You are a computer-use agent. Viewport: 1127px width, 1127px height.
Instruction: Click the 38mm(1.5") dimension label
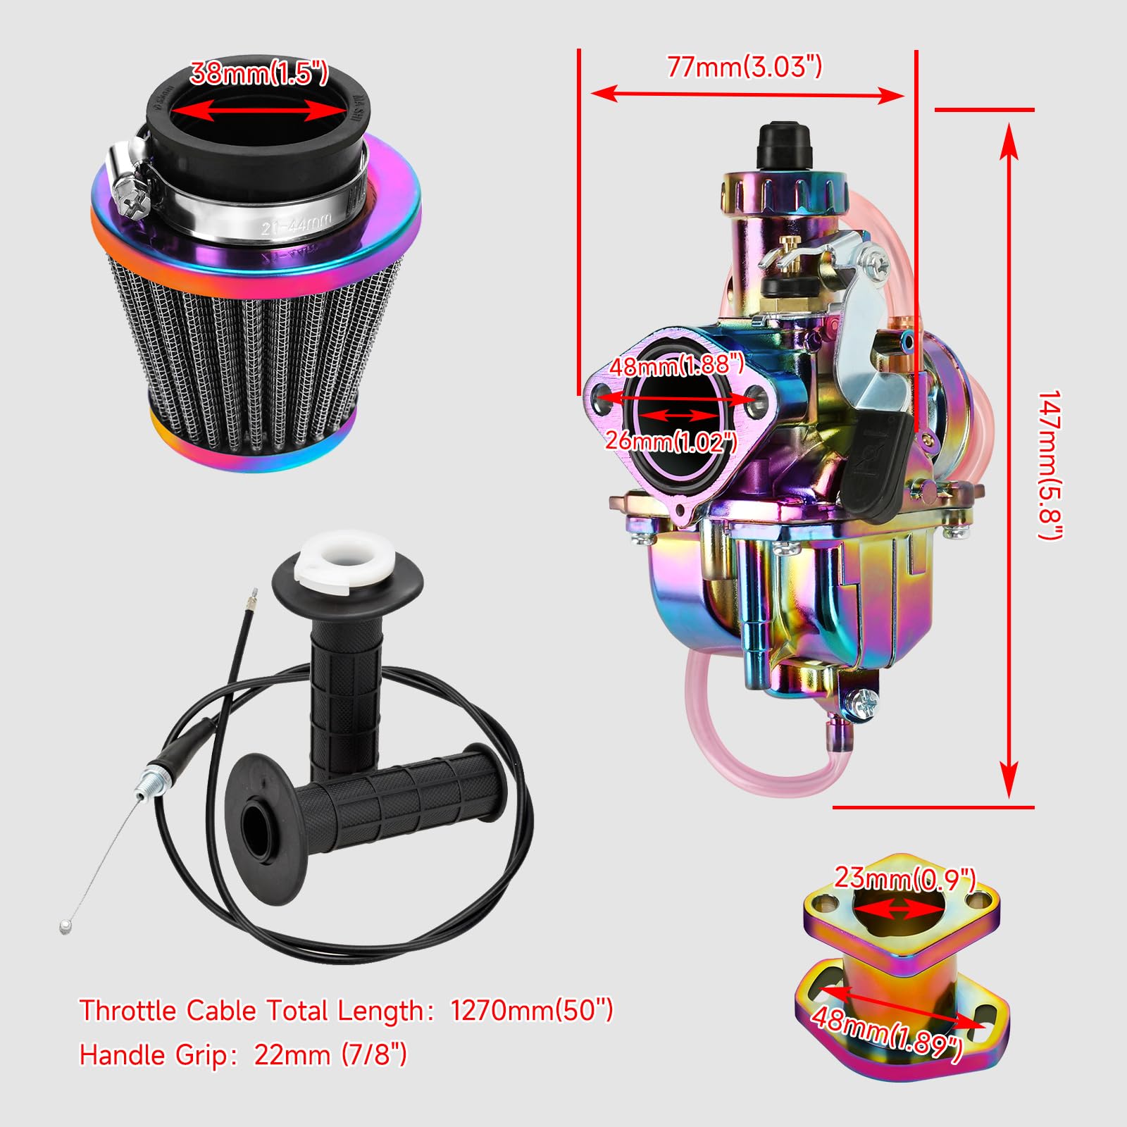259,73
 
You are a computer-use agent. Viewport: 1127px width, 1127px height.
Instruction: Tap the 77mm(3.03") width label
744,67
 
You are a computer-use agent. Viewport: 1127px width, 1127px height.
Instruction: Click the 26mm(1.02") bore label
671,442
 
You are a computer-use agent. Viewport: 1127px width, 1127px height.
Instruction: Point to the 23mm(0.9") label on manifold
904,878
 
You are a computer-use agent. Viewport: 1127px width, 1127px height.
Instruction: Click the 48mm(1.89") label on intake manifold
886,1031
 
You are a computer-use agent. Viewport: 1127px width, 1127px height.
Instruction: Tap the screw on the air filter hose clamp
133,204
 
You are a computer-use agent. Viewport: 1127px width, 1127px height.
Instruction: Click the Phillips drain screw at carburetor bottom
864,702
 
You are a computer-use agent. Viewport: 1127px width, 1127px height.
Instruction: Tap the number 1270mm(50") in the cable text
532,1011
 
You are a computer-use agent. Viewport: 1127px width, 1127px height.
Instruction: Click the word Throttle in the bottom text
127,1011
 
